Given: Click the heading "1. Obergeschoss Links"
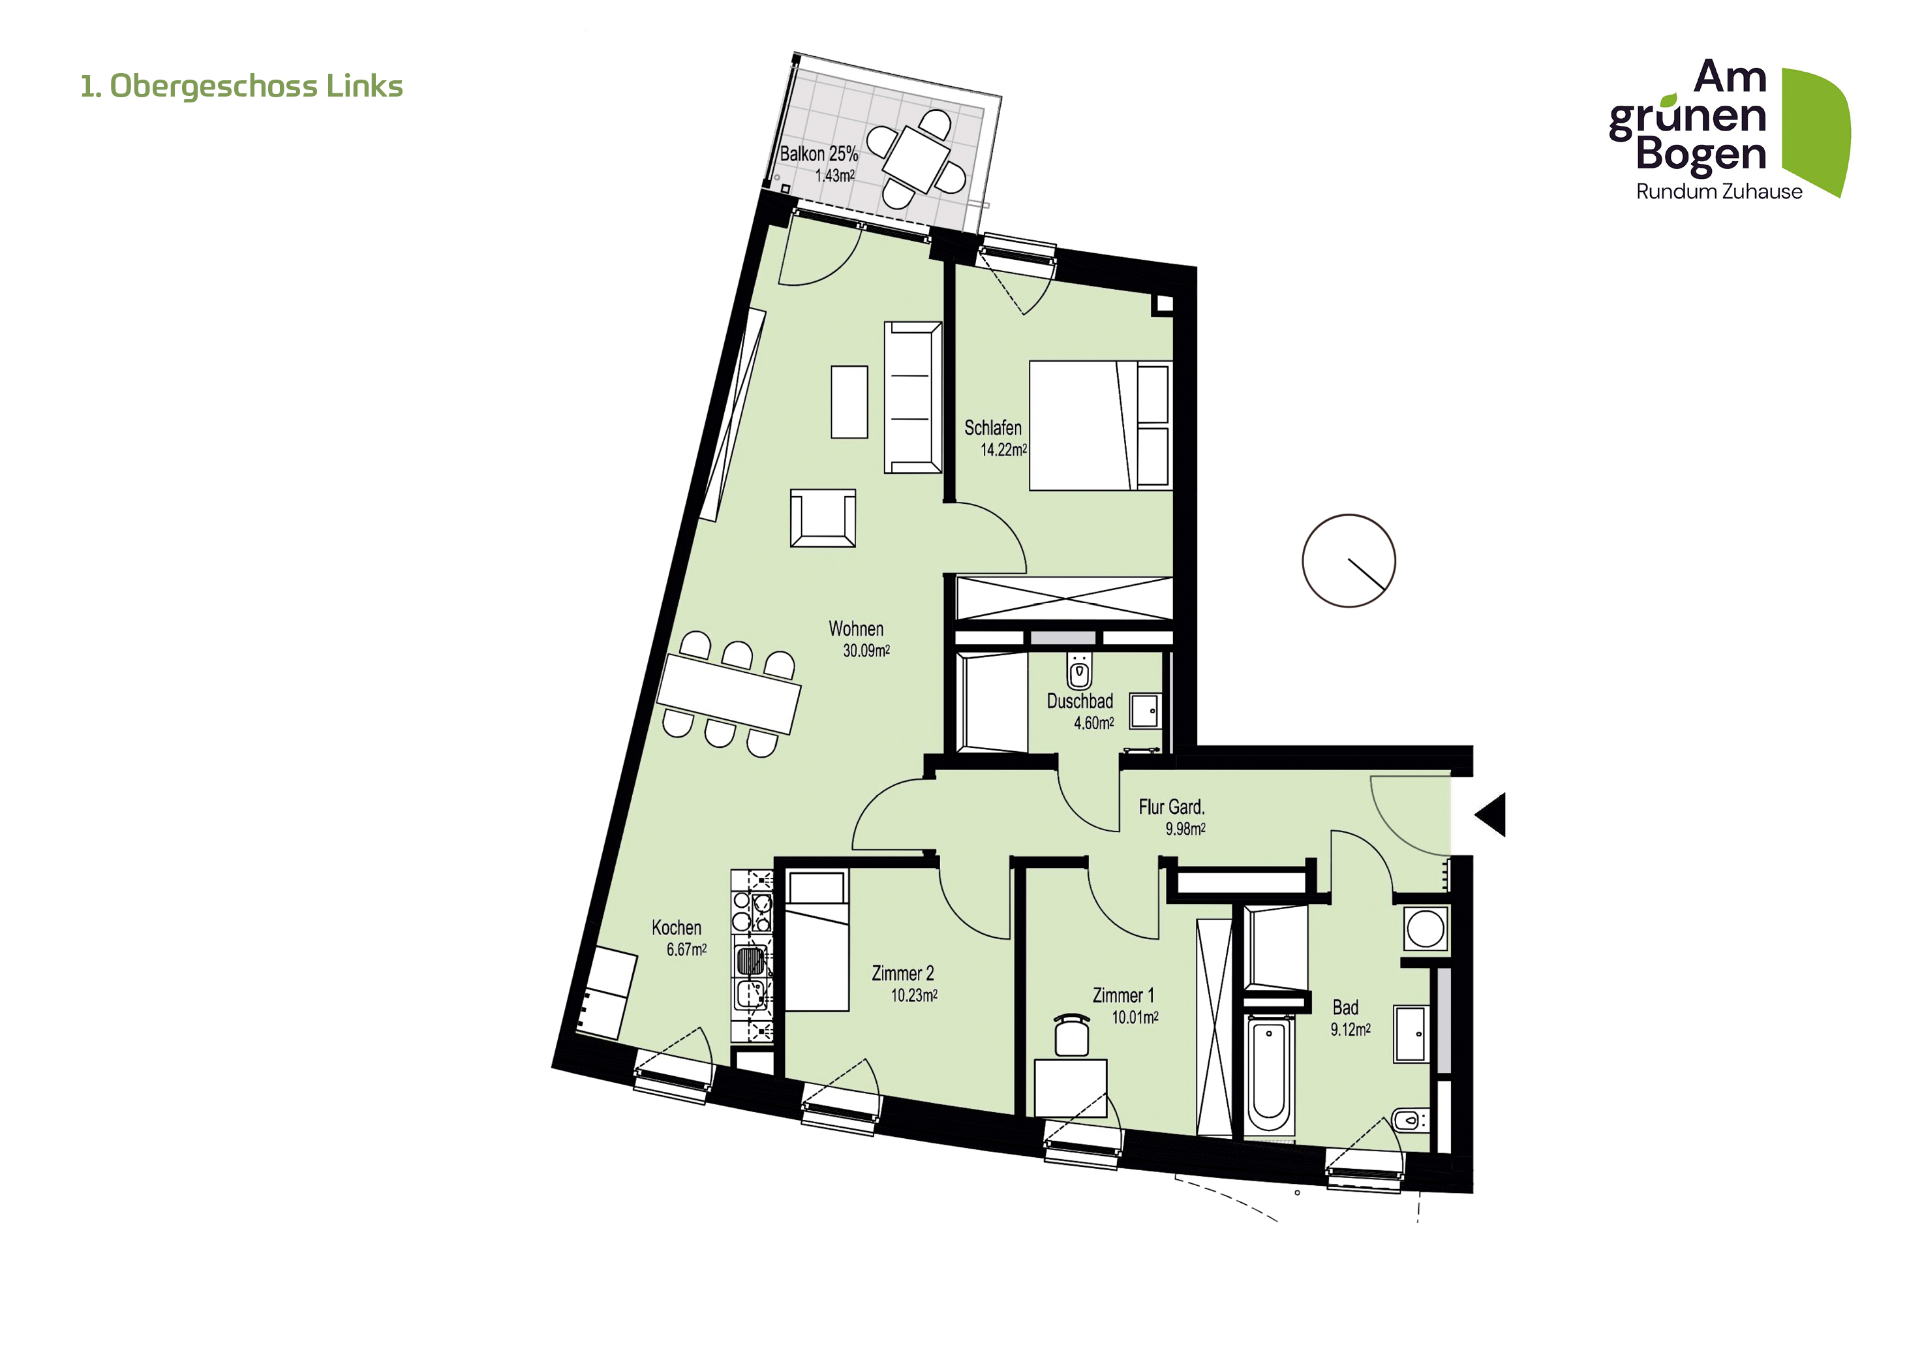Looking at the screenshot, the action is tap(241, 86).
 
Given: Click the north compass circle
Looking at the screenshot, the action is tap(1349, 561).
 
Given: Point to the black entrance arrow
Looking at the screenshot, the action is tap(1490, 814).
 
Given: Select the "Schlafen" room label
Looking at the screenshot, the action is tap(992, 427).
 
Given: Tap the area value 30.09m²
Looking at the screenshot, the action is tap(866, 651).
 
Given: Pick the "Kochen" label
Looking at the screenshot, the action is tap(676, 928).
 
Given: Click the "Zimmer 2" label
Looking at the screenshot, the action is tap(903, 974).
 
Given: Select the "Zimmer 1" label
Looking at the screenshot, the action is tap(1123, 995).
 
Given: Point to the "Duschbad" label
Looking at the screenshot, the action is tap(1080, 701).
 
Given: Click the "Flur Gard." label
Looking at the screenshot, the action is tap(1171, 807).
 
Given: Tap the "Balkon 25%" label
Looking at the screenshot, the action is tap(819, 153).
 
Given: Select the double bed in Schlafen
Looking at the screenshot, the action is tap(1101, 426).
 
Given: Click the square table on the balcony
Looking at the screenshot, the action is tap(916, 158).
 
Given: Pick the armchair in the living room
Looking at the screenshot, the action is tap(823, 518).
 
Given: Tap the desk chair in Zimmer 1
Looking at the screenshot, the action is tap(1071, 1034).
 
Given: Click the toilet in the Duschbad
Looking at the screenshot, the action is tap(1079, 671).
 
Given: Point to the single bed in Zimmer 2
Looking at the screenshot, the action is tap(817, 940).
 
